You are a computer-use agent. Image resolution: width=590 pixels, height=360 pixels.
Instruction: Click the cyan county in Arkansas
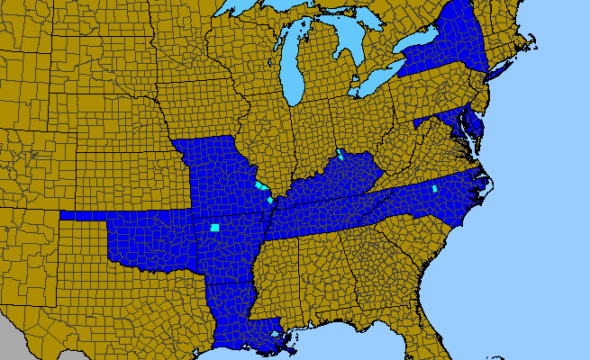click(215, 228)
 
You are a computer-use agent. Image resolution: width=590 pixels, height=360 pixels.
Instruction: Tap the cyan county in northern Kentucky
click(340, 154)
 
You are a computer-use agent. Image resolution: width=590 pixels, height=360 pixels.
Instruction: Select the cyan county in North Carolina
click(435, 189)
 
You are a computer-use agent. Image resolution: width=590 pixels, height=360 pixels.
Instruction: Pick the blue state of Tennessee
click(333, 203)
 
